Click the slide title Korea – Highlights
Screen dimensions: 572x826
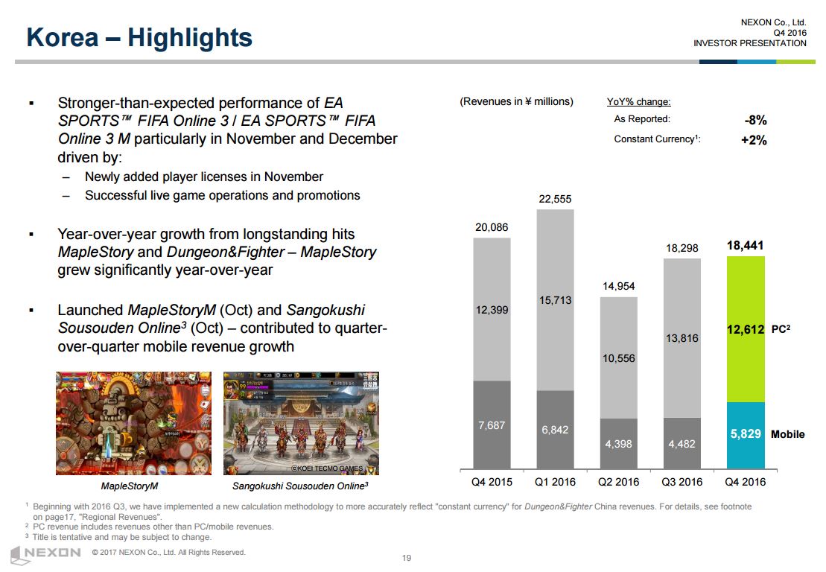[139, 37]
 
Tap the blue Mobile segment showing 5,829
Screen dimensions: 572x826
[746, 434]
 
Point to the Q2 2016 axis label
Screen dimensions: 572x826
[618, 482]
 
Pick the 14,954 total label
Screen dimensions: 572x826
[618, 286]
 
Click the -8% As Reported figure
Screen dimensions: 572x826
[755, 120]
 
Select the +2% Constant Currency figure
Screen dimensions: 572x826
[754, 140]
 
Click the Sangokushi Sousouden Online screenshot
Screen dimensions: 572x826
[301, 423]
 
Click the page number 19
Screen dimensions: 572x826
[407, 559]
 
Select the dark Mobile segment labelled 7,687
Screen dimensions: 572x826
[492, 426]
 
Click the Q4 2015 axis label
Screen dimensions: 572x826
[492, 482]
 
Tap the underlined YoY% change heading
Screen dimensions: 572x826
[639, 102]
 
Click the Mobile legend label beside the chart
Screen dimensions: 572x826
[787, 434]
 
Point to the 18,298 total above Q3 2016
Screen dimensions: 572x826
[682, 248]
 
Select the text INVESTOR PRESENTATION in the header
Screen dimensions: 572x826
[750, 43]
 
